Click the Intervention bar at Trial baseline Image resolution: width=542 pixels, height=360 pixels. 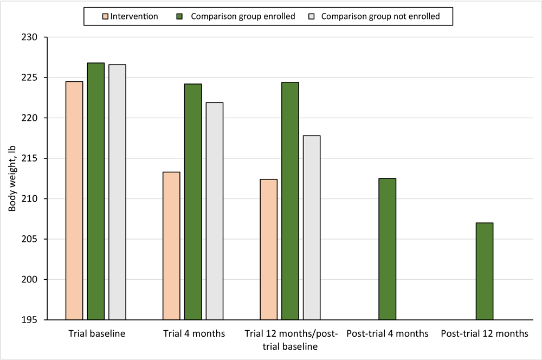click(74, 201)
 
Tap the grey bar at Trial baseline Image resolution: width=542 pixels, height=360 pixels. click(117, 192)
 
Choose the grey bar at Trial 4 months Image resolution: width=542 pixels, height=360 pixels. click(215, 211)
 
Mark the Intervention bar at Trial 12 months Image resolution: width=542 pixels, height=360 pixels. click(269, 249)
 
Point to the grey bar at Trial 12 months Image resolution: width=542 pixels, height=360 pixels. click(312, 228)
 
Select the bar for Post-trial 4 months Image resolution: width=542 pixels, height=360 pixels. click(387, 249)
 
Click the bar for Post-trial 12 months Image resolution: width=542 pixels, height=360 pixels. click(485, 271)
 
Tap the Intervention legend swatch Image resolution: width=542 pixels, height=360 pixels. click(105, 16)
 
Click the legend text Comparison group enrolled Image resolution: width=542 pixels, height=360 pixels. click(243, 16)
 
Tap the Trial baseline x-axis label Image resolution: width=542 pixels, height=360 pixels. click(96, 334)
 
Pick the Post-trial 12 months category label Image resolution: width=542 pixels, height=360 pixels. click(485, 334)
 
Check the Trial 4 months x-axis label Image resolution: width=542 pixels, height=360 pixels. click(193, 334)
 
